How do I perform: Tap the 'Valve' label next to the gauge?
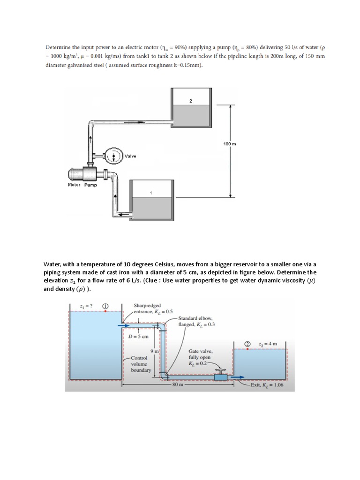130,156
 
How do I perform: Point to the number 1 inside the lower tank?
150,193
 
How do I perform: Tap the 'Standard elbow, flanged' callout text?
197,321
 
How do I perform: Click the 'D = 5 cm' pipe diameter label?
138,336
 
